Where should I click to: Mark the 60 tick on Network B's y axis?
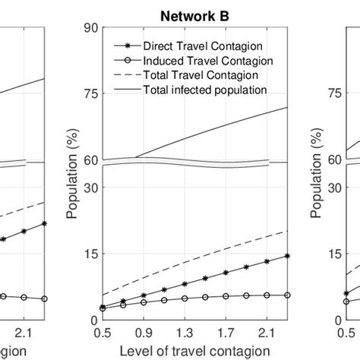pos(88,160)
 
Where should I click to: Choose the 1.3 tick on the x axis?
pos(184,332)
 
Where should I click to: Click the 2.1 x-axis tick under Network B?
pos(267,332)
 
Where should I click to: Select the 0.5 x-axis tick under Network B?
pos(102,332)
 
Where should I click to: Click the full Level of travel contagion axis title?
pos(194,350)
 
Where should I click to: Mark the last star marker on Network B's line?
pos(287,256)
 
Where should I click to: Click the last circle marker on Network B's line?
pos(287,295)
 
